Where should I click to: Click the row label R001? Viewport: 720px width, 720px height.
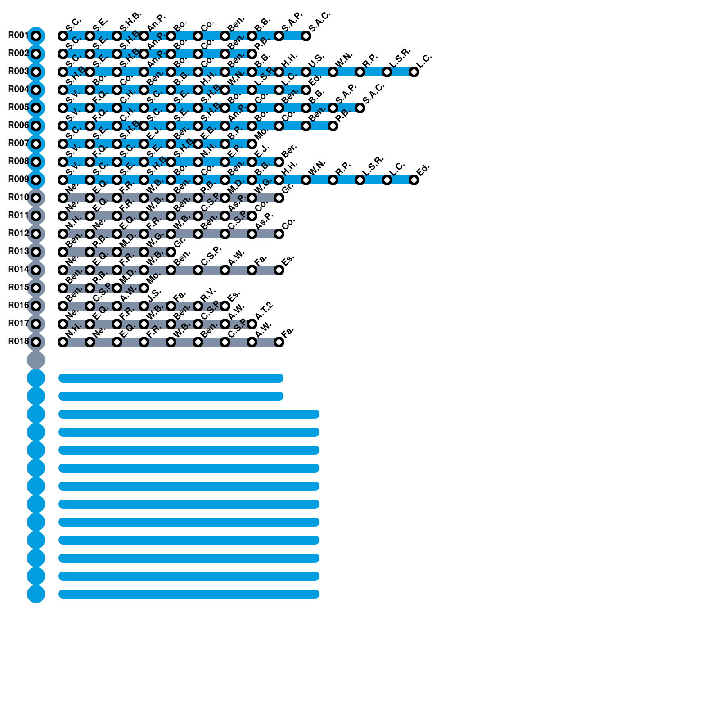[x=18, y=36]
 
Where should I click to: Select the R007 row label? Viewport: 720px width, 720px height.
[x=18, y=144]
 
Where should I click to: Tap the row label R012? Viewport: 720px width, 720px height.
[x=18, y=234]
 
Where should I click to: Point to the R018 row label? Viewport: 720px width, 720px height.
[x=18, y=342]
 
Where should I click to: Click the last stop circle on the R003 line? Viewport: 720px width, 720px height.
[x=414, y=72]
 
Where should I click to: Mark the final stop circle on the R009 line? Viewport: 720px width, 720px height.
[x=414, y=180]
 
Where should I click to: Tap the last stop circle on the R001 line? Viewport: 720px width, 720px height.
[x=306, y=36]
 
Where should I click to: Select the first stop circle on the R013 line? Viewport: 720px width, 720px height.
[x=63, y=252]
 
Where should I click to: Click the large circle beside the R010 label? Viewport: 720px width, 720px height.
[x=36, y=198]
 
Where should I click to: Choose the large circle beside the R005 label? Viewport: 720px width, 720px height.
[x=36, y=108]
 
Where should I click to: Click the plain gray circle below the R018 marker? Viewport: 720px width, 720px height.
[x=36, y=360]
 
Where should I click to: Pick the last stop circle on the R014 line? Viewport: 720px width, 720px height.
[x=279, y=270]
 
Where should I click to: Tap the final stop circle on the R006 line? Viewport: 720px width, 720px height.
[x=333, y=126]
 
